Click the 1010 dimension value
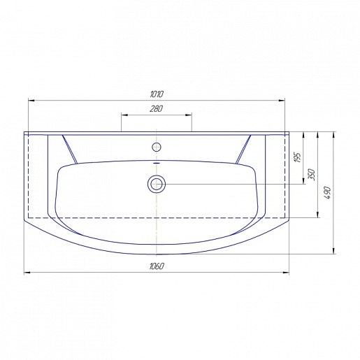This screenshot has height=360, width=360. point(157,94)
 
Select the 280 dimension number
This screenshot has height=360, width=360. point(156,108)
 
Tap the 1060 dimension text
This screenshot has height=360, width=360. point(157,266)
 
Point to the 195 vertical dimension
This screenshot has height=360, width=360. point(298,157)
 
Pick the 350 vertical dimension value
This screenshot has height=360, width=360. point(312,175)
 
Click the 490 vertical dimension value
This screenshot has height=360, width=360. point(327,192)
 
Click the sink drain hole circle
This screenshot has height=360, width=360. point(157,184)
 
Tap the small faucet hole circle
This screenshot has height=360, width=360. point(157,147)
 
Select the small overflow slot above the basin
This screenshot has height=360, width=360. point(157,164)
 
